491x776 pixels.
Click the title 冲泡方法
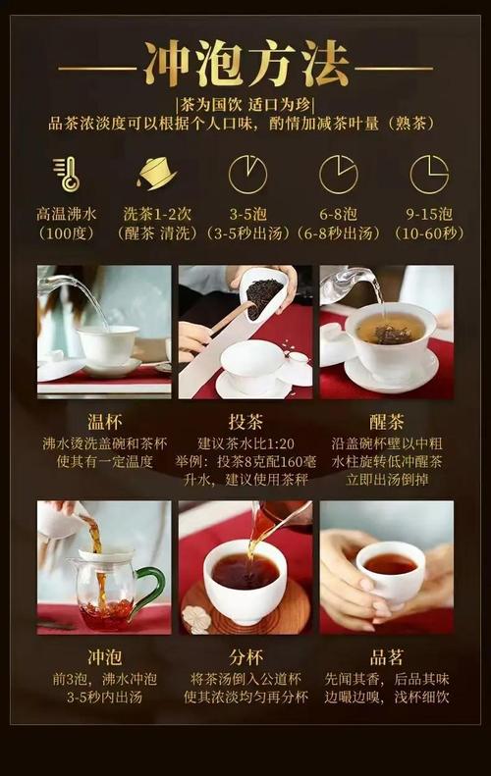[x=246, y=65]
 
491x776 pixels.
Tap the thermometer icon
[x=67, y=174]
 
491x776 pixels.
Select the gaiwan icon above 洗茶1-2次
[x=156, y=174]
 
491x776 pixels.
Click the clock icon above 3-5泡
[x=247, y=175]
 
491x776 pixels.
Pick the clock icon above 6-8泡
[x=339, y=175]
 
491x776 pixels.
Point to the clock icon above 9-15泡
[x=429, y=175]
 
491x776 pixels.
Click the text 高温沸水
[x=67, y=214]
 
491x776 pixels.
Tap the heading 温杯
[x=104, y=422]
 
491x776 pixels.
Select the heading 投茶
[x=245, y=422]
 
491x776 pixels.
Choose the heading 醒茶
[x=387, y=422]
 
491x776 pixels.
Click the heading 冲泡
[x=104, y=657]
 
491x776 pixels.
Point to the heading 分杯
[x=245, y=657]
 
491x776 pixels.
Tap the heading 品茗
[x=387, y=657]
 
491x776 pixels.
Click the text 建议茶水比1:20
[x=245, y=443]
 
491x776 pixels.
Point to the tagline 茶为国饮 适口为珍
[x=245, y=104]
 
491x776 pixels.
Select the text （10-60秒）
[x=429, y=233]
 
